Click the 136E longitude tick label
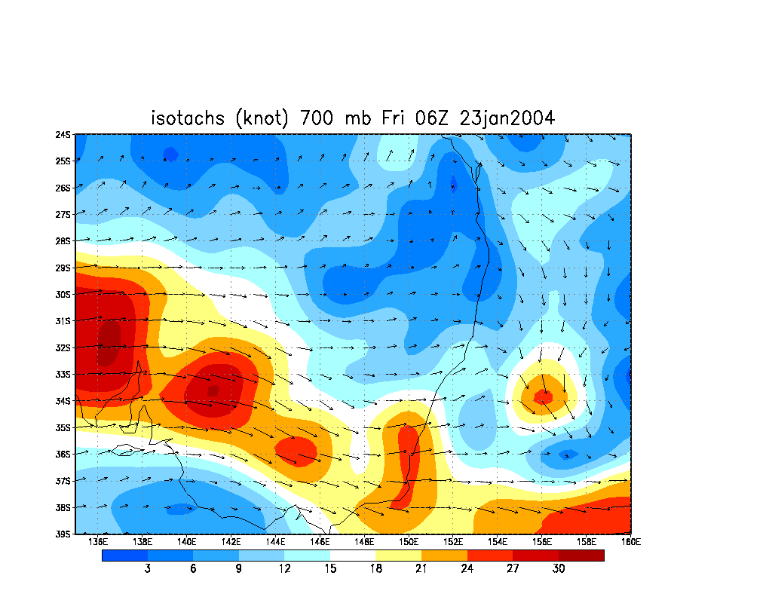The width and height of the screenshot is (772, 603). [x=96, y=541]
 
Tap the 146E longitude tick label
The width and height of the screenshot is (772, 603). [x=320, y=541]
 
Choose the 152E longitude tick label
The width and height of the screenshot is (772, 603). [x=453, y=541]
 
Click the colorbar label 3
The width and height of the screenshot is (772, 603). [x=147, y=569]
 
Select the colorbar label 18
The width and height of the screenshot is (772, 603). [x=375, y=569]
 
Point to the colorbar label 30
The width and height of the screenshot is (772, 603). [x=558, y=569]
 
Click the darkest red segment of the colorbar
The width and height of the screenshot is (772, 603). [x=581, y=556]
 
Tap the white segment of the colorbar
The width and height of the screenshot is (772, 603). [x=353, y=556]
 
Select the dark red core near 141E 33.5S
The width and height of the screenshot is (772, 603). [x=213, y=390]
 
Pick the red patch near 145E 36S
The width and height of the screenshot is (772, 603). [x=296, y=450]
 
